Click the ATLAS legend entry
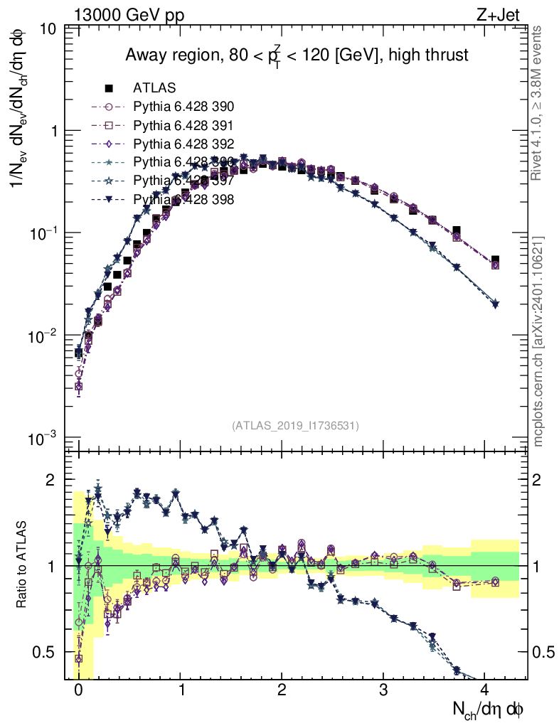[154, 88]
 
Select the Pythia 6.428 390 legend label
[183, 107]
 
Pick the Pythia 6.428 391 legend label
[183, 125]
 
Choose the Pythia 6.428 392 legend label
[183, 144]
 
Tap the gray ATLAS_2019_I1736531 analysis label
[295, 425]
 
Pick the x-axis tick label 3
[383, 689]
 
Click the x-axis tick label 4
[485, 689]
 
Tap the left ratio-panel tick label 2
[51, 481]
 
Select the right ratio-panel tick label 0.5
[544, 652]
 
